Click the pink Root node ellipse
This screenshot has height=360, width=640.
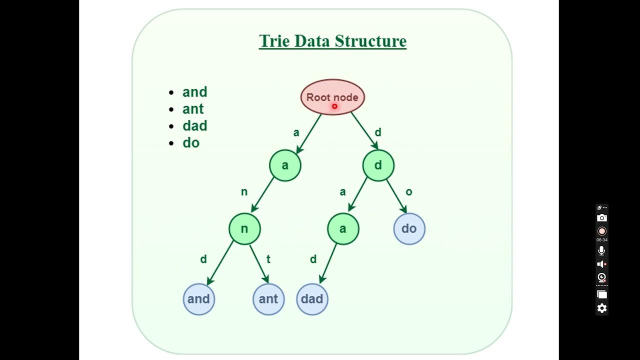point(332,97)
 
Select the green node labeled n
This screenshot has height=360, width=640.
point(244,228)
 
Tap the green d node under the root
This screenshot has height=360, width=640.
point(378,165)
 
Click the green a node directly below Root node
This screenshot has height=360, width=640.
point(285,165)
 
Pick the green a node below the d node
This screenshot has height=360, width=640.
point(343,228)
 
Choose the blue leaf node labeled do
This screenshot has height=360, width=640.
point(409,228)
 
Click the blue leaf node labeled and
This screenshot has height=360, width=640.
point(198,299)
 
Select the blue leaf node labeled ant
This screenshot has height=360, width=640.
point(268,299)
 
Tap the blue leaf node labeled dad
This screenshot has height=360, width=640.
point(312,299)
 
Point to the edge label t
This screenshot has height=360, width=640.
point(268,259)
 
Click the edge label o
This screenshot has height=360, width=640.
point(409,192)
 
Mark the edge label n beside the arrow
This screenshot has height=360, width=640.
point(244,192)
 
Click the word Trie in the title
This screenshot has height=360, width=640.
point(274,41)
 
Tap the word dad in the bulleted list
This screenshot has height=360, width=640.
point(194,126)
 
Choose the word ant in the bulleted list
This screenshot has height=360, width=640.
point(193,109)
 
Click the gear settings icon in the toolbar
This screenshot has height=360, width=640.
point(602,308)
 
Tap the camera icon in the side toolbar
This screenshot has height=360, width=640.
point(602,218)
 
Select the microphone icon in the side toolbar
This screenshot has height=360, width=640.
point(602,250)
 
